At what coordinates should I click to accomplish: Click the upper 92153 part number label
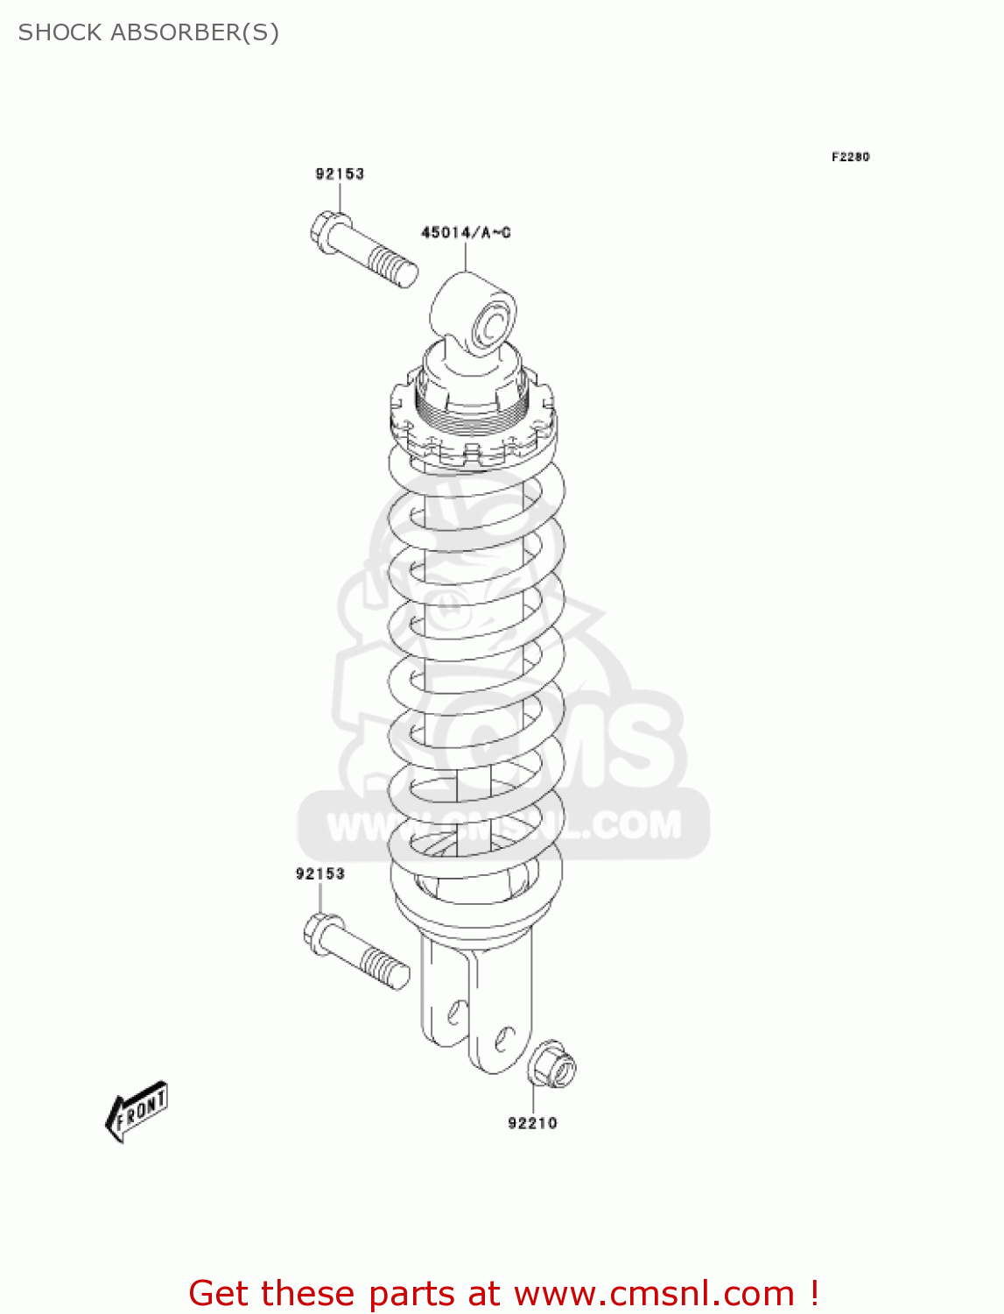tap(340, 173)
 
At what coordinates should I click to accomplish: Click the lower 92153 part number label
tap(319, 873)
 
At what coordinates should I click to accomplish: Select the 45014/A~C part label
tap(466, 232)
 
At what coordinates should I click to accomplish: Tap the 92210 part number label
tap(532, 1123)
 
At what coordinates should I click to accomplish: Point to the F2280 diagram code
tap(850, 157)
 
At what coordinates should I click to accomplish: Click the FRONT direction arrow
tap(137, 1112)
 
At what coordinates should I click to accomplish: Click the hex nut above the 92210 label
tap(552, 1064)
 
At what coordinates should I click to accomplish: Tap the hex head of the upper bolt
tap(328, 231)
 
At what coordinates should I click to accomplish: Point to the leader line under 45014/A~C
tap(466, 256)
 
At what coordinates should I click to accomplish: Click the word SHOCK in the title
tap(60, 32)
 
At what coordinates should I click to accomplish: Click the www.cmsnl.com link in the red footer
tap(654, 1293)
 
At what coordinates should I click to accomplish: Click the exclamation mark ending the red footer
tap(814, 1293)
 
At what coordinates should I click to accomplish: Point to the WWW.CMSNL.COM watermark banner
tap(503, 824)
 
